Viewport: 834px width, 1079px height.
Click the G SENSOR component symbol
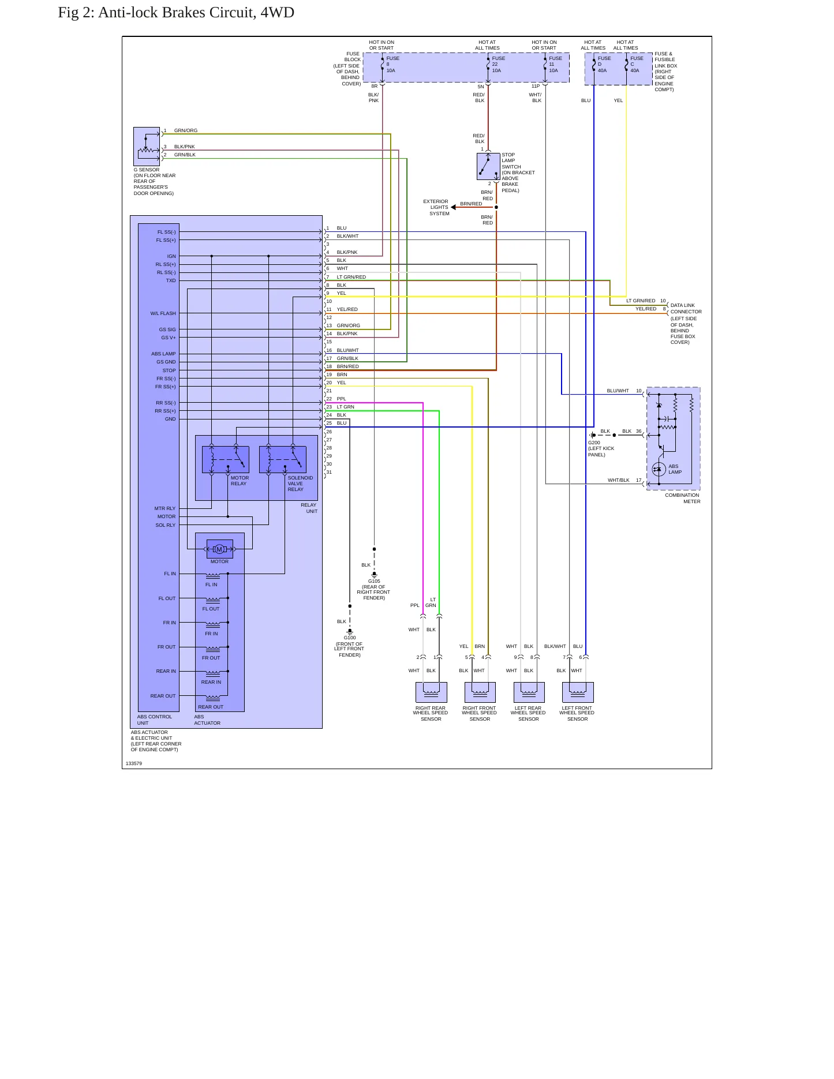click(x=147, y=147)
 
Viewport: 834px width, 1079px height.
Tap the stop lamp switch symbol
click(x=488, y=167)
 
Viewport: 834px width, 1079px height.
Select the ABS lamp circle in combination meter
click(x=659, y=469)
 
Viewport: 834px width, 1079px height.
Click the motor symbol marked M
click(x=219, y=549)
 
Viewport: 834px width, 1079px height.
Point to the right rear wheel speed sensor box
click(x=431, y=692)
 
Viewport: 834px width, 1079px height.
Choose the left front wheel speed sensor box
click(x=578, y=692)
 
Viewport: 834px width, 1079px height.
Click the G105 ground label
click(x=374, y=581)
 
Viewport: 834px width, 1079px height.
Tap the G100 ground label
click(x=350, y=638)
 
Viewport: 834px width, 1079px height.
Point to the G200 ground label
click(x=594, y=443)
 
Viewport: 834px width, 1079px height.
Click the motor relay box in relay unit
click(x=226, y=460)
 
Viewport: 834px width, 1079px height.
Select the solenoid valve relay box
click(x=283, y=460)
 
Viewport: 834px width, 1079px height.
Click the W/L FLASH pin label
click(x=163, y=313)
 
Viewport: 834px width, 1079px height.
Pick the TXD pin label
click(x=171, y=280)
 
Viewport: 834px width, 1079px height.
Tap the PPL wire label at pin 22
click(x=342, y=399)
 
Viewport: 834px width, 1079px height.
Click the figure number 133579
click(x=134, y=763)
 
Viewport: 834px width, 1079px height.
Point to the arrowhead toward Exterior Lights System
click(x=453, y=207)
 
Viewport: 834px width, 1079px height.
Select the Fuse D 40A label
click(x=604, y=64)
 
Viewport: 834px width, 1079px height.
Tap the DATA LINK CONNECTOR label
click(x=686, y=309)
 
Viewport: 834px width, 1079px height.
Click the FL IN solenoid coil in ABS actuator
click(x=213, y=575)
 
